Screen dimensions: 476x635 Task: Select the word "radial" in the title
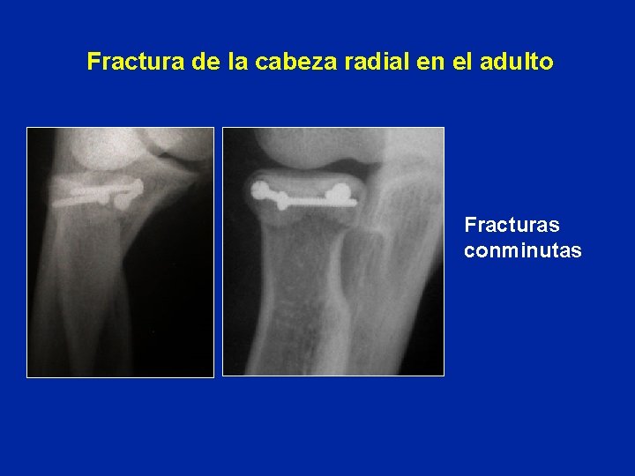(354, 63)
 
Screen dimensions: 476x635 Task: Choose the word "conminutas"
(523, 251)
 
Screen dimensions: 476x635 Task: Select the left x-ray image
(120, 252)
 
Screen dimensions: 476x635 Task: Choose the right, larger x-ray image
(332, 252)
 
